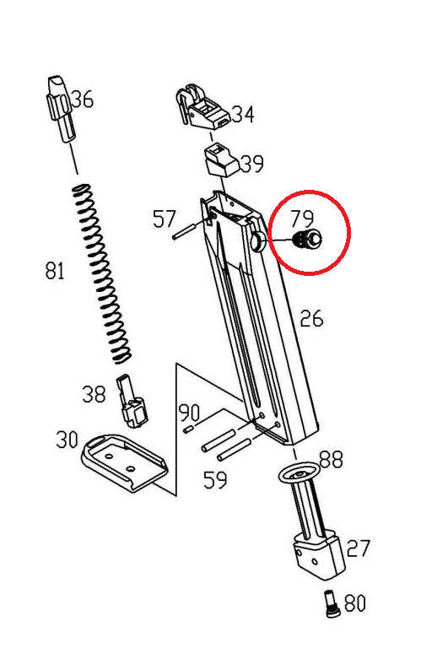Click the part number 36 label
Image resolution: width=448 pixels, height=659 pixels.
pos(83,100)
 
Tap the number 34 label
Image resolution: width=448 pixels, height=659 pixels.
pos(243,114)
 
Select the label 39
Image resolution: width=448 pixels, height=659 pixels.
pos(251,163)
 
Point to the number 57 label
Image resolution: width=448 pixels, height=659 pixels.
pos(164,219)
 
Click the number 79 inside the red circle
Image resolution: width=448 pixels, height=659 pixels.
pos(303,219)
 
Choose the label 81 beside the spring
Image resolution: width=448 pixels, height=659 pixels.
pos(55,270)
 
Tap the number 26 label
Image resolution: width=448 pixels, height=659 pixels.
pos(311,318)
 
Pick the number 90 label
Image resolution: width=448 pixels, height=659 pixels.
pos(190,413)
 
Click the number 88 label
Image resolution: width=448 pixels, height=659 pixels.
pos(332,459)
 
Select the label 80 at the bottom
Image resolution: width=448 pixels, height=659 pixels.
pos(355,603)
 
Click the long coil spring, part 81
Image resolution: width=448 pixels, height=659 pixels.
pos(101,273)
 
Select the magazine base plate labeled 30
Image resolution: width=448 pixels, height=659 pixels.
pos(125,462)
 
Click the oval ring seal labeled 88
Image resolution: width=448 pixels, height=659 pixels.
pos(299,473)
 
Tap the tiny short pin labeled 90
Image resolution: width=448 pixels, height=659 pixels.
pos(188,429)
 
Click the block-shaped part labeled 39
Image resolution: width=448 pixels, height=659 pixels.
pos(223,161)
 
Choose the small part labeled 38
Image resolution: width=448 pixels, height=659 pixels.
pos(132,401)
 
